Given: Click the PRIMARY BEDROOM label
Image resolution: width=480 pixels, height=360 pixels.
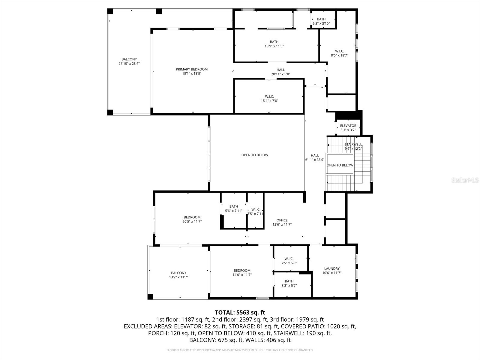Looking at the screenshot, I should (x=192, y=69).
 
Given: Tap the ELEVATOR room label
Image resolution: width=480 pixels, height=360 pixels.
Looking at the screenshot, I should (x=348, y=126).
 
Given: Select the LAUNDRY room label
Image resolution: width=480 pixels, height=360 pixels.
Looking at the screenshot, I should (x=332, y=269).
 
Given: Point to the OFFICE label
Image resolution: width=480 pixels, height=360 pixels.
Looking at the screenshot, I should (x=282, y=220).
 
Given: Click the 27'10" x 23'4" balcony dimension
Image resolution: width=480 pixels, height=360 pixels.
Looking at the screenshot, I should (x=129, y=64).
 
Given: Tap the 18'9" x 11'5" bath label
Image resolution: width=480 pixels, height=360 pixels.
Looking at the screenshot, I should (x=274, y=44).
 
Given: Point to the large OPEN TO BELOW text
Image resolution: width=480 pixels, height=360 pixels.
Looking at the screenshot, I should (x=255, y=155).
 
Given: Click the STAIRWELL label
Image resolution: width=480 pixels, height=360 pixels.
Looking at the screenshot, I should (x=353, y=145).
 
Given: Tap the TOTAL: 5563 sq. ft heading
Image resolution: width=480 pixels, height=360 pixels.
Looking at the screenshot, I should (x=240, y=313).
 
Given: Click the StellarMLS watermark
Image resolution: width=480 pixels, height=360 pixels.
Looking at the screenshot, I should (x=465, y=180).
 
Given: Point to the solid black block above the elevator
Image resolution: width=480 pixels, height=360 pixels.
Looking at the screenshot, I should (x=348, y=115).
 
